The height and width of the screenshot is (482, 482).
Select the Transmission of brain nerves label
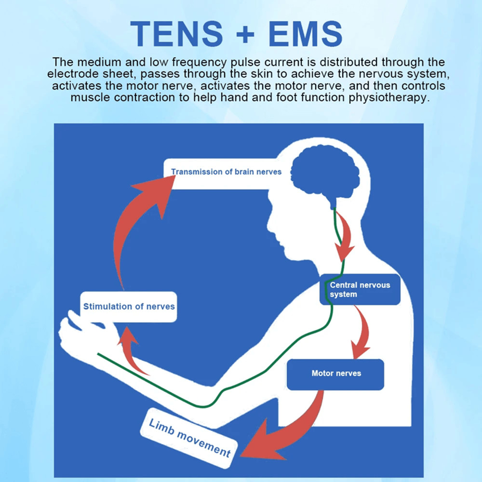226,172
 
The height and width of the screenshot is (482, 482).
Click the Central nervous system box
360,289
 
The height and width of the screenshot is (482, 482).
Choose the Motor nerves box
335,374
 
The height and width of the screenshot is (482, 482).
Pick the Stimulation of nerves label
129,307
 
